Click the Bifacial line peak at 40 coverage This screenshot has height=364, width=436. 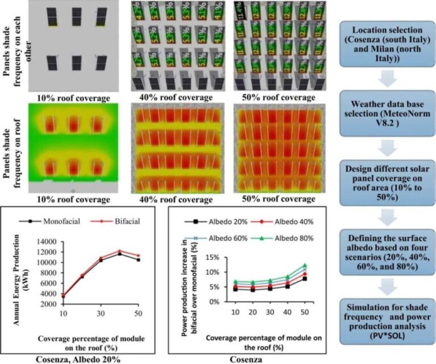pos(119,251)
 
